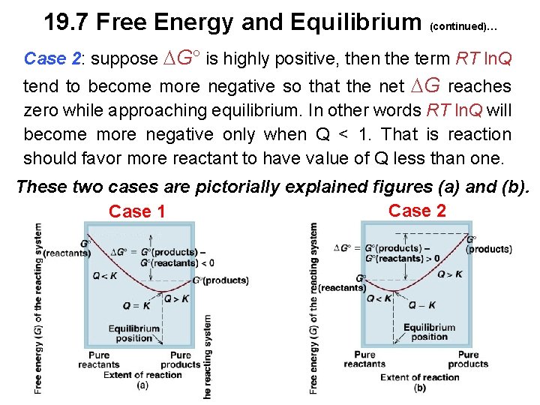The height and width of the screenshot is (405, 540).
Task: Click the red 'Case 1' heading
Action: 136,212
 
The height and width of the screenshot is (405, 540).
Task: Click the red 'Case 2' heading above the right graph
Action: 417,211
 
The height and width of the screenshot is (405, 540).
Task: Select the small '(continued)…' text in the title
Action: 463,27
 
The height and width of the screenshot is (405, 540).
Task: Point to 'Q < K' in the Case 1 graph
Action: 105,275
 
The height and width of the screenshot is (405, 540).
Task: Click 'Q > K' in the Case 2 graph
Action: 448,274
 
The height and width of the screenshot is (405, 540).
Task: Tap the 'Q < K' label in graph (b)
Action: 379,298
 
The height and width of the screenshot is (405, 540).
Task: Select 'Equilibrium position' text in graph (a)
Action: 134,333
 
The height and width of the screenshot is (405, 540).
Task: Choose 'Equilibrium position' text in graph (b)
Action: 429,331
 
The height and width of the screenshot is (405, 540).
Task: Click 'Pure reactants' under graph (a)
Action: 98,360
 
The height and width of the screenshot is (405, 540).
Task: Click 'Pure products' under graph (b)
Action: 468,359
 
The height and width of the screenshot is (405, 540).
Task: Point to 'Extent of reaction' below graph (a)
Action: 142,375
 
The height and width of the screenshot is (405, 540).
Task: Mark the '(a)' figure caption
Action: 142,385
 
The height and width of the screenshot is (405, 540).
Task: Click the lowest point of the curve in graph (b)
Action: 394,290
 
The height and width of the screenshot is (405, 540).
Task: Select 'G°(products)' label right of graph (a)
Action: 220,280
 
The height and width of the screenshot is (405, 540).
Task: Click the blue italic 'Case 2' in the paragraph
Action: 52,58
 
